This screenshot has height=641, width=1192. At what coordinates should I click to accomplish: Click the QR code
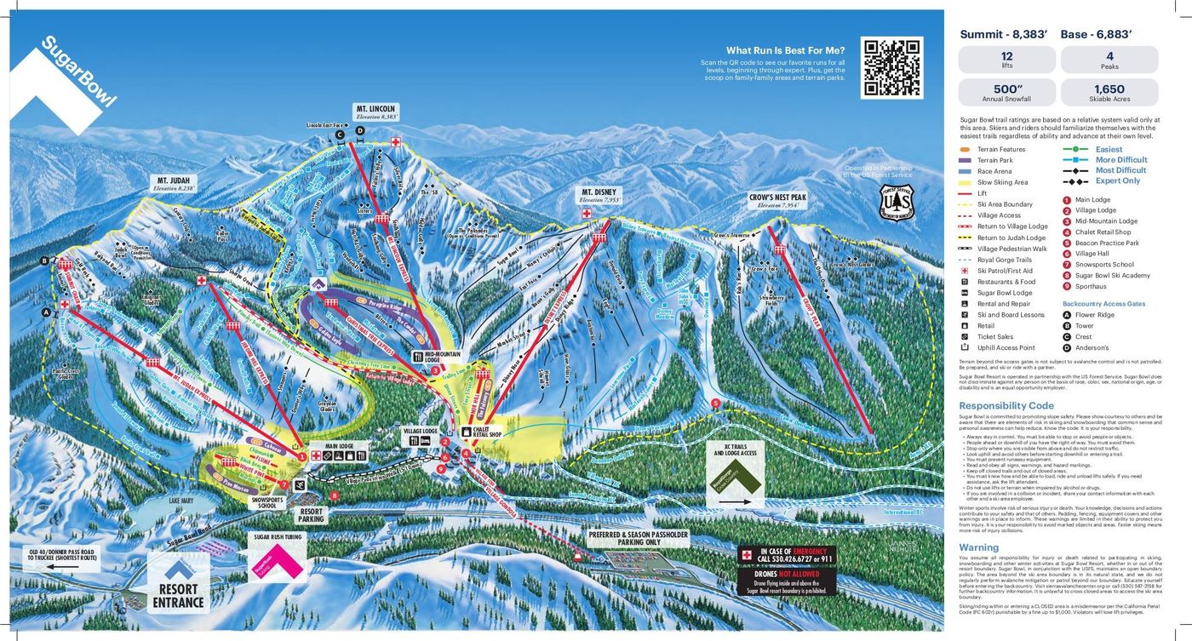tap(891, 68)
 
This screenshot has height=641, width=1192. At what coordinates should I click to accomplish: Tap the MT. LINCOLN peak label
tap(376, 110)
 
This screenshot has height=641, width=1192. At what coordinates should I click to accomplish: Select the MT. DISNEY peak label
tap(599, 193)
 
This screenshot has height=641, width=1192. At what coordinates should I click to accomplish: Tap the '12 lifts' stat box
tap(1007, 60)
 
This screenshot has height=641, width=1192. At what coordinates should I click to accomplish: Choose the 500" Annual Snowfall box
tap(1007, 92)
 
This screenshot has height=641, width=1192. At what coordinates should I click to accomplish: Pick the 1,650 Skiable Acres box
tap(1109, 92)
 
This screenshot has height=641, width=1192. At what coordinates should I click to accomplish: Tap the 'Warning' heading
tap(978, 547)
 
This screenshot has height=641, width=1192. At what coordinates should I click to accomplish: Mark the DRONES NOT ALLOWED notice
tap(788, 577)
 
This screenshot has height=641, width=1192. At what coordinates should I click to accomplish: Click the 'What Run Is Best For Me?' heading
tap(785, 50)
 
